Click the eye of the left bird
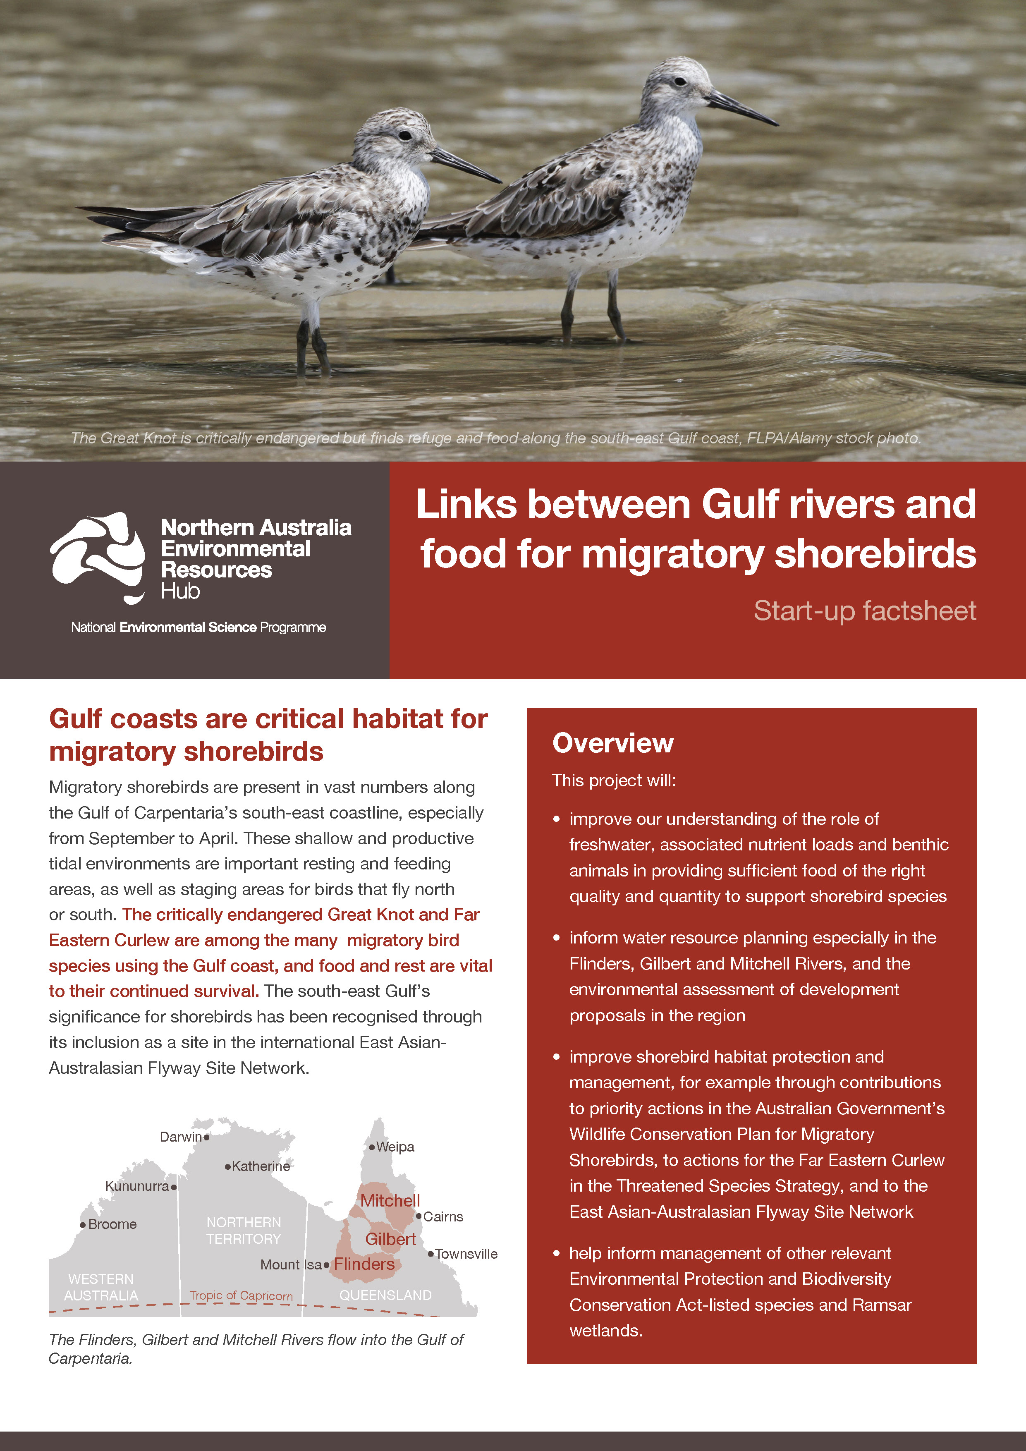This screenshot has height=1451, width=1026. (405, 135)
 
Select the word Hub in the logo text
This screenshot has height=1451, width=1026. (180, 591)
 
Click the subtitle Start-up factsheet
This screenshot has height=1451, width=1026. (864, 611)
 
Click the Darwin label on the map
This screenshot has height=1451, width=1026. (180, 1137)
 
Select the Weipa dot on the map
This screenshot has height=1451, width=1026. (371, 1147)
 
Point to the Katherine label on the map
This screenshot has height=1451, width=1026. (260, 1166)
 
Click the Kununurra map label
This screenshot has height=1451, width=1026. (137, 1186)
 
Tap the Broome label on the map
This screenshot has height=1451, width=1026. (112, 1224)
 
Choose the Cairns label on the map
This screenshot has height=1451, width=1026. (443, 1216)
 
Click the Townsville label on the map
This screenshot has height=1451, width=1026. (466, 1254)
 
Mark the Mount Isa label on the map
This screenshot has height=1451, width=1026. (291, 1264)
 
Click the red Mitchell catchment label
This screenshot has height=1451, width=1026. (390, 1201)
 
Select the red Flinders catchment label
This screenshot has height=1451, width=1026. (364, 1264)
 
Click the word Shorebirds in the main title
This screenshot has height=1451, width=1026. (875, 554)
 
